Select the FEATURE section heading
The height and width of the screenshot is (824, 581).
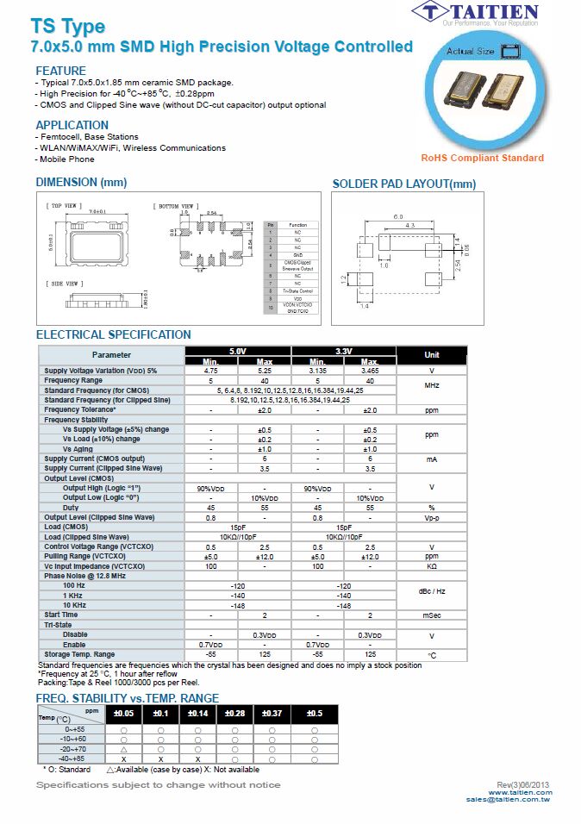point(60,71)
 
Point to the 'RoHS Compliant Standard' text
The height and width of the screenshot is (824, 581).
point(482,158)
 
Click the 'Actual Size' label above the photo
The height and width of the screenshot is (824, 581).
point(470,53)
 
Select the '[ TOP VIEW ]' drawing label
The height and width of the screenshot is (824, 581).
point(65,206)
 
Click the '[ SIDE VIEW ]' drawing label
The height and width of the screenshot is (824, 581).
point(65,284)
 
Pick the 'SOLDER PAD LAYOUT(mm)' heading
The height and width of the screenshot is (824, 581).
point(403,184)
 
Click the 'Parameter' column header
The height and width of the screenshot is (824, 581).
point(111,354)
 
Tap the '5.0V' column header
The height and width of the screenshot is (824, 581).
point(237,352)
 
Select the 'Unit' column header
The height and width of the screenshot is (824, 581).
point(432,354)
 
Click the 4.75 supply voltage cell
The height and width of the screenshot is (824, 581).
point(211,371)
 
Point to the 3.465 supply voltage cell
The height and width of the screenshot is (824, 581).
point(370,371)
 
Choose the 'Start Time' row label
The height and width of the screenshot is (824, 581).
point(61,615)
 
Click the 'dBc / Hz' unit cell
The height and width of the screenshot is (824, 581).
point(432,591)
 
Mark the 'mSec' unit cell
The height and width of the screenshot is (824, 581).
point(432,615)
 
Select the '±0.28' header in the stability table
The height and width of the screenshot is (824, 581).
point(234,714)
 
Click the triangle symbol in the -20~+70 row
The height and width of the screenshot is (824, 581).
point(123,749)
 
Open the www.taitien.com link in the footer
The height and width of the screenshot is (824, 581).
point(520,792)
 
